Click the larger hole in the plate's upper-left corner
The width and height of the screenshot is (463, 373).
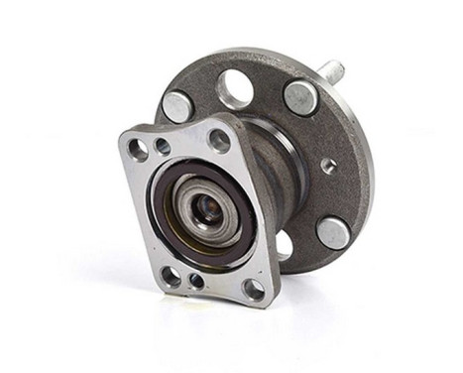point(139,148)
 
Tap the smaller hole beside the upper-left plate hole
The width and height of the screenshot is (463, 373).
point(162,146)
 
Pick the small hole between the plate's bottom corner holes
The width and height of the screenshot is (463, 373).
point(196,281)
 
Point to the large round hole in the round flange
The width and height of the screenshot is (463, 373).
point(235,89)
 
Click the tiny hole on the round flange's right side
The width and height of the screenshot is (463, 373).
point(328,166)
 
